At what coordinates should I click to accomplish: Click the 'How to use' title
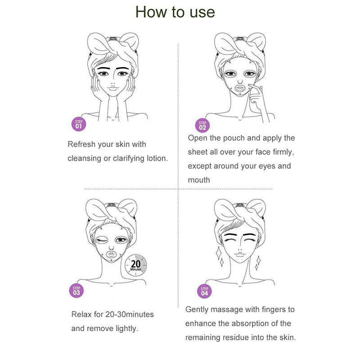pyautogui.click(x=175, y=12)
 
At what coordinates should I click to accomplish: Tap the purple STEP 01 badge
pyautogui.click(x=78, y=124)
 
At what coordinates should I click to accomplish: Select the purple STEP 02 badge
pyautogui.click(x=202, y=126)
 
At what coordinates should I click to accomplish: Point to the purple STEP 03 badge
pyautogui.click(x=76, y=290)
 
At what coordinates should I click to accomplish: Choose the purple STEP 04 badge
pyautogui.click(x=204, y=291)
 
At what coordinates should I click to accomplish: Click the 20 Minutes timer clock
pyautogui.click(x=136, y=265)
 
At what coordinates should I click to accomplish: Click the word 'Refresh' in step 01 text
pyautogui.click(x=81, y=144)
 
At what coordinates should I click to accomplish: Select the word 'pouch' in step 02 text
pyautogui.click(x=234, y=138)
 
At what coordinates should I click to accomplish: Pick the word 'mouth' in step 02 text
pyautogui.click(x=199, y=180)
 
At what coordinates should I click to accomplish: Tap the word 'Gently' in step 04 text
pyautogui.click(x=197, y=310)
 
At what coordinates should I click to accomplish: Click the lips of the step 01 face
pyautogui.click(x=113, y=88)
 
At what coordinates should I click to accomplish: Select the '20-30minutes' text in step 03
pyautogui.click(x=130, y=314)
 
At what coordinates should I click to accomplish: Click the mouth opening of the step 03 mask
pyautogui.click(x=111, y=254)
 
